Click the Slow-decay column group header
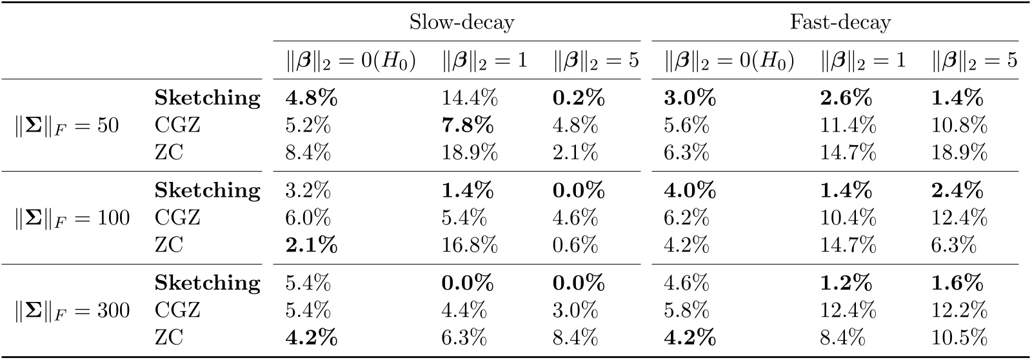coord(462,23)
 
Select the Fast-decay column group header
coord(840,23)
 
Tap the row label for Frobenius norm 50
coord(67,126)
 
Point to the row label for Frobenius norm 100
coord(72,218)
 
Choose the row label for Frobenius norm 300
coord(72,311)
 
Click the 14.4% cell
coord(470,98)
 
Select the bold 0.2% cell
coord(579,98)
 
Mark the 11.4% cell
coord(848,126)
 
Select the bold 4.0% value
coord(690,191)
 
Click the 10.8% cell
coord(960,126)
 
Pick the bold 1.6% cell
coord(957,283)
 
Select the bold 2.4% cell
coord(957,191)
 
